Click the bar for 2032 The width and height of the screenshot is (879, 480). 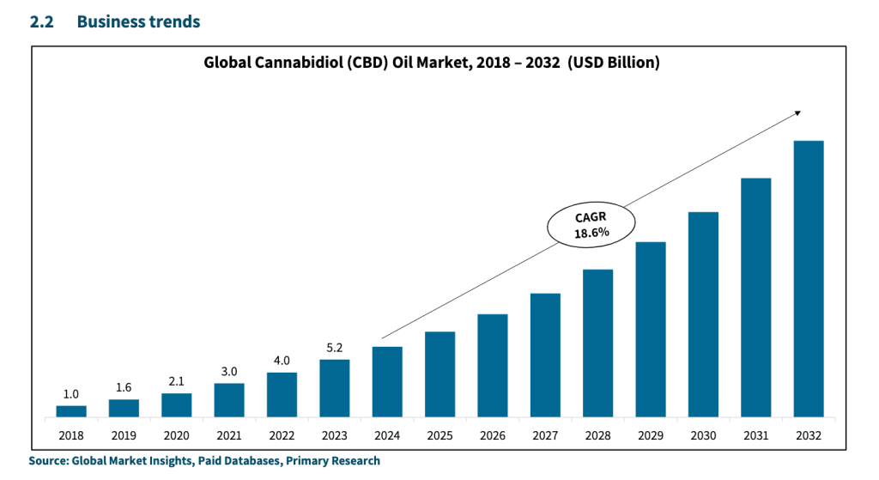point(808,279)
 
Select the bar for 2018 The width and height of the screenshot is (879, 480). point(71,411)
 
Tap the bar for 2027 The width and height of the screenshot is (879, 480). point(545,355)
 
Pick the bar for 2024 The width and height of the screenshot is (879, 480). point(387,382)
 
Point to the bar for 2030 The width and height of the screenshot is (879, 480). point(703,314)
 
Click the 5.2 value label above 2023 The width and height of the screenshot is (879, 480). point(334,348)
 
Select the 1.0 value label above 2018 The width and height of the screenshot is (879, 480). point(71,394)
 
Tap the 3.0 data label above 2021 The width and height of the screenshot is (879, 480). point(229,371)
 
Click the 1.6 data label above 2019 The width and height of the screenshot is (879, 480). point(124,387)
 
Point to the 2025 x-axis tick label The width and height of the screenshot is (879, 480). point(439,436)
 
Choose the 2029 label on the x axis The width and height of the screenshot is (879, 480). point(650,436)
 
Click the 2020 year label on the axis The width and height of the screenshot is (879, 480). point(176,436)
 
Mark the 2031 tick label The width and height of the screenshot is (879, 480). point(755,436)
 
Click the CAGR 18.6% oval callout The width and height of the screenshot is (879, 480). point(591,225)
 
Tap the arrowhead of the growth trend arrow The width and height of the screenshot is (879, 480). point(797,112)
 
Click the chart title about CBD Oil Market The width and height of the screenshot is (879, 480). point(431,63)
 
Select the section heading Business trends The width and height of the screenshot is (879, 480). point(138,22)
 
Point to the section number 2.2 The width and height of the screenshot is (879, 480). point(42,22)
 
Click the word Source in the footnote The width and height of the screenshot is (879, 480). point(47,461)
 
